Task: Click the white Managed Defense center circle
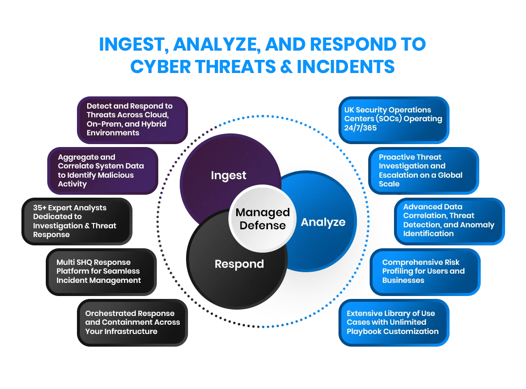263,219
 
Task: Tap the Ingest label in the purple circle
228,175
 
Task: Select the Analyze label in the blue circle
323,222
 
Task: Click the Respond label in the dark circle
239,264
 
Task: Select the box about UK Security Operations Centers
394,119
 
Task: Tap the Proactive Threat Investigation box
422,170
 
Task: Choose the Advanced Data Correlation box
448,220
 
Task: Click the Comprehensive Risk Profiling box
425,271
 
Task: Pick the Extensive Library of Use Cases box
393,322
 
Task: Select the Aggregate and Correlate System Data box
102,170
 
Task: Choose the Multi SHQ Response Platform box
100,271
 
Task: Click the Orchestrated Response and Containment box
132,322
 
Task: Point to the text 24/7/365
360,128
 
